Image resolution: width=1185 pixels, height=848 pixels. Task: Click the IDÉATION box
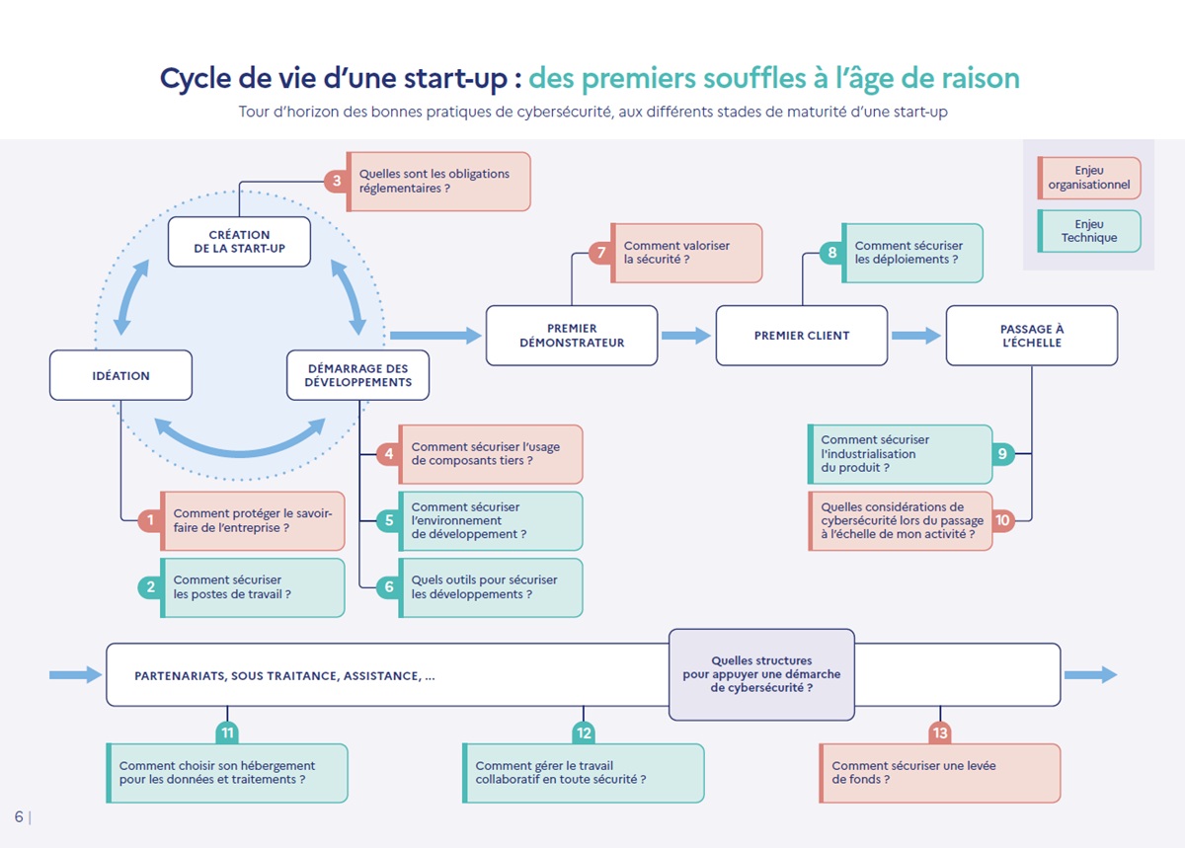(120, 376)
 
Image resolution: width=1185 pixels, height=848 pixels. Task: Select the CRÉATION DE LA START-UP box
(239, 242)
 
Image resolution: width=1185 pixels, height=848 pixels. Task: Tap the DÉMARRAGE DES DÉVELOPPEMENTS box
(357, 375)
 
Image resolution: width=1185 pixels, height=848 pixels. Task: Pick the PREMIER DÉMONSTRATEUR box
(572, 336)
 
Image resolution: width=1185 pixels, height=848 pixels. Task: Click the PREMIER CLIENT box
(801, 336)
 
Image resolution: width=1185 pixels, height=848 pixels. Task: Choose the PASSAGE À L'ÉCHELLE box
(1031, 336)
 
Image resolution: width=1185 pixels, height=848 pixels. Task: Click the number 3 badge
(337, 182)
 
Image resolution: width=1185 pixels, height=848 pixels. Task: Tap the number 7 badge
(600, 253)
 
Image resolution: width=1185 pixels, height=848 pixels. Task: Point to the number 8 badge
(832, 253)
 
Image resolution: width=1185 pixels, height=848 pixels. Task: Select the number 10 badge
(1002, 520)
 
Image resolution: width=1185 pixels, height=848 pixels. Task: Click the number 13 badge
(940, 733)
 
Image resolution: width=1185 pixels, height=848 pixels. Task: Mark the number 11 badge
(228, 733)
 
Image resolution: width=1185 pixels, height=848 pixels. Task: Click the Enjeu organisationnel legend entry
(1088, 178)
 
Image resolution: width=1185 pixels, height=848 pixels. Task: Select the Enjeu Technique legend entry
(1088, 231)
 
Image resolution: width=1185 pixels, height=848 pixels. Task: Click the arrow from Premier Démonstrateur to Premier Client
(686, 336)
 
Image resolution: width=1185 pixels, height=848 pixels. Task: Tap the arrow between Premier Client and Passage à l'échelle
(916, 336)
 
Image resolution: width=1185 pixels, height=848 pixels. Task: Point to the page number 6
(19, 816)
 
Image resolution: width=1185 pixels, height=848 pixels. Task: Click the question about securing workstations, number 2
(252, 587)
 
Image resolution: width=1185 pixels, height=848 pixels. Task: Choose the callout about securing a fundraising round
(939, 773)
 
